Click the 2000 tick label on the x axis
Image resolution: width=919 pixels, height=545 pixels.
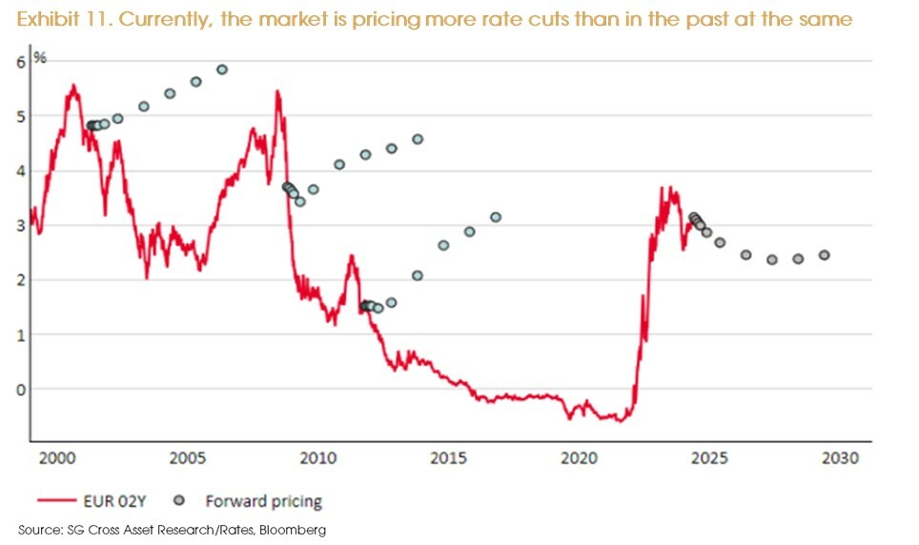point(57,458)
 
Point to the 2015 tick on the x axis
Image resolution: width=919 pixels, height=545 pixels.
point(446,458)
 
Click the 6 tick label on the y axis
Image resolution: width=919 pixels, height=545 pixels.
point(20,62)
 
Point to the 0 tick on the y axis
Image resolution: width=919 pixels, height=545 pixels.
point(20,389)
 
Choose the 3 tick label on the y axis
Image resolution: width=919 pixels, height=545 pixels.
point(20,226)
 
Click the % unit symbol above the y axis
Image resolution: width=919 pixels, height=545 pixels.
point(40,58)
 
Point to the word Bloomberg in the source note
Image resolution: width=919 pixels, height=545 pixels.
point(296,530)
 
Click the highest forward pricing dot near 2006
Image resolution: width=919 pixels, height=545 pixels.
point(222,70)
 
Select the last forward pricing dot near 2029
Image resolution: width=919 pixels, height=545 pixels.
point(824,255)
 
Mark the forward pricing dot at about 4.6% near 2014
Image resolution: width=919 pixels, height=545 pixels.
point(418,139)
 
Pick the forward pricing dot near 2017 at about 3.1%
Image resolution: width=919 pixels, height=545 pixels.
point(496,217)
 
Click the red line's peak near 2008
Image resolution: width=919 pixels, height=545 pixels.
point(277,92)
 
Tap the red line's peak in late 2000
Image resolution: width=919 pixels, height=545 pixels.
point(72,86)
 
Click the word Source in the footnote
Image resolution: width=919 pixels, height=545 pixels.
point(36,530)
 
